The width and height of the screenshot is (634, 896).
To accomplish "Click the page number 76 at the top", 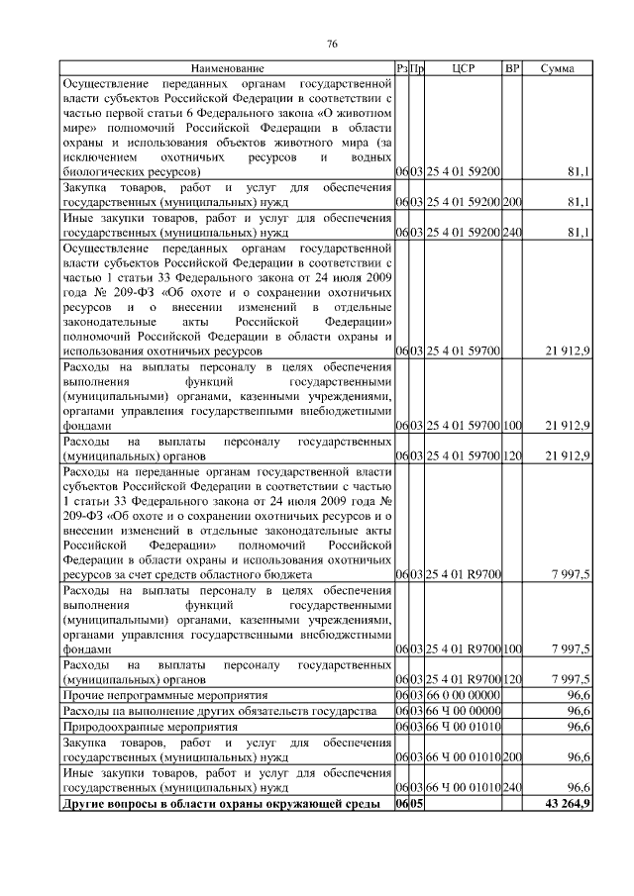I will (x=333, y=45).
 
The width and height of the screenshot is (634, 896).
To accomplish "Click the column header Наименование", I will (x=227, y=68).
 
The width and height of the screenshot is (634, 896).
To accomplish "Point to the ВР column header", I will (x=512, y=68).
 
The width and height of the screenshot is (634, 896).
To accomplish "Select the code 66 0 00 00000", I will (x=463, y=696).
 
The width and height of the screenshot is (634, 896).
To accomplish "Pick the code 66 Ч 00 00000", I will (x=463, y=712).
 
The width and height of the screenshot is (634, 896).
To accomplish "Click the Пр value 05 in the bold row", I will (x=418, y=804).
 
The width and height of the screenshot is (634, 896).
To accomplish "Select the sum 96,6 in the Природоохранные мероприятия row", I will (x=578, y=727).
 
